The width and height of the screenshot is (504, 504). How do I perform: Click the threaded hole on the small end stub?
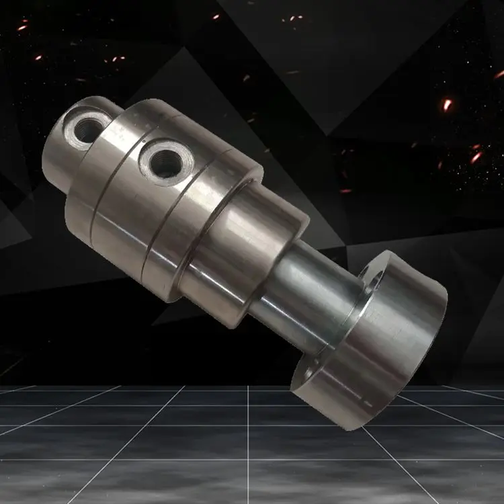pos(87,129)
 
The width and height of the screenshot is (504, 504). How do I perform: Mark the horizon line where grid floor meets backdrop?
pos(134,386)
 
